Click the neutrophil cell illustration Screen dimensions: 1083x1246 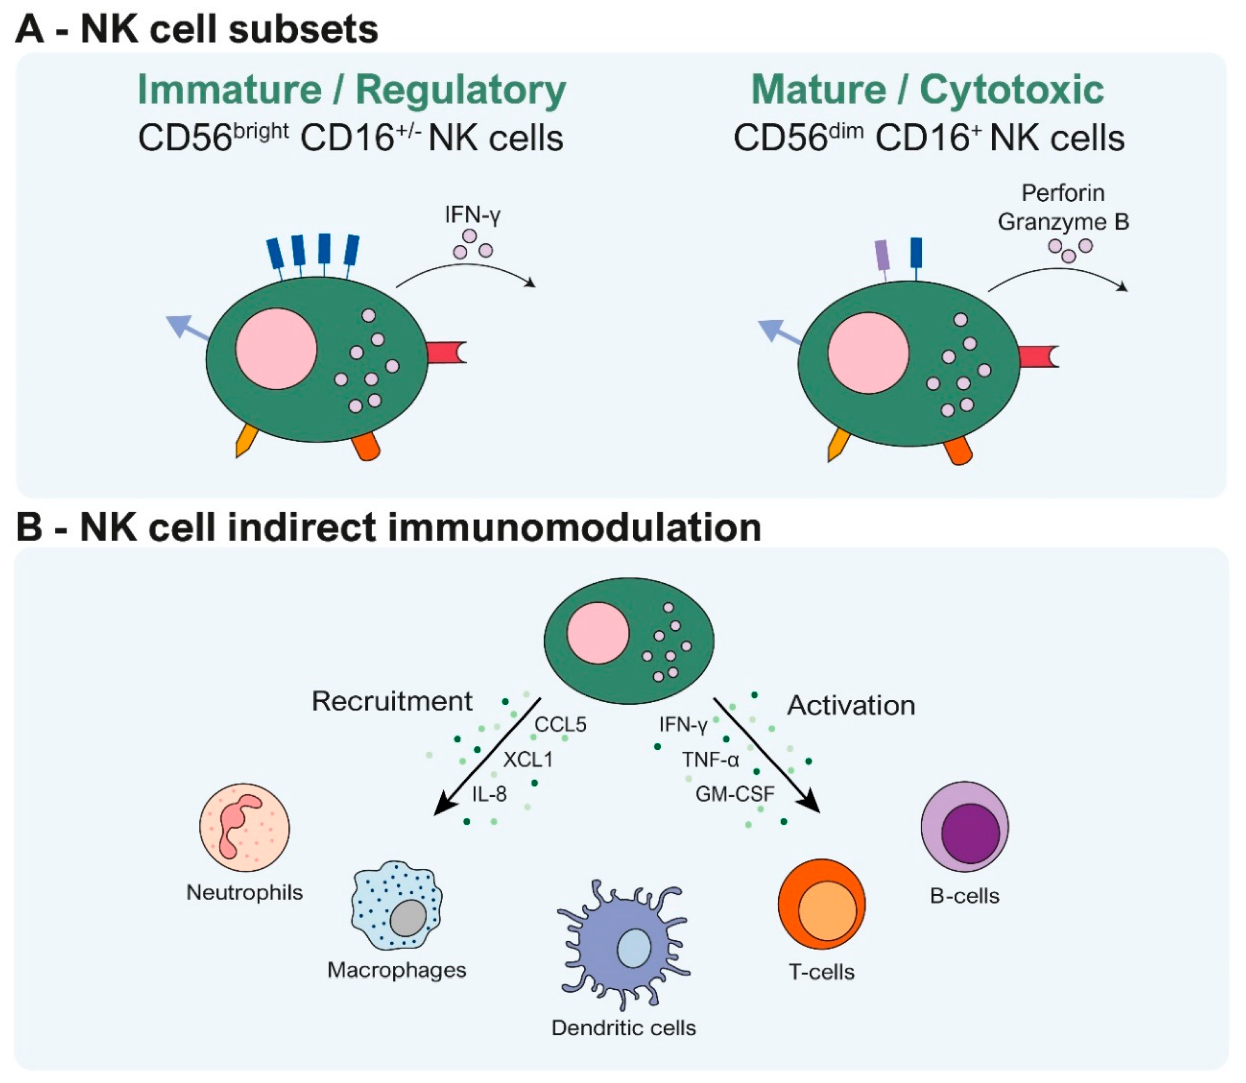click(245, 827)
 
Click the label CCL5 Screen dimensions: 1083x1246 click(560, 724)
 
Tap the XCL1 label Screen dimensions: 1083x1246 click(528, 759)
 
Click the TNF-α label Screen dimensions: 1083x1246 click(710, 759)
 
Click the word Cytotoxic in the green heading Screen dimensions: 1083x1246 click(1012, 90)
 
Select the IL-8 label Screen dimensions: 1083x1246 click(489, 794)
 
